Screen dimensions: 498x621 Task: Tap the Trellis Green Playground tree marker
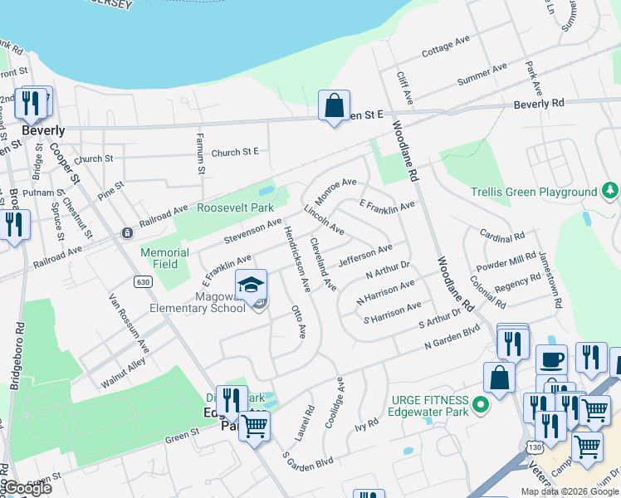pyautogui.click(x=610, y=192)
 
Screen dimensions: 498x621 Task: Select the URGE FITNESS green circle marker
pyautogui.click(x=480, y=406)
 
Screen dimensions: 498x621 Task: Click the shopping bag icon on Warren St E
pyautogui.click(x=334, y=106)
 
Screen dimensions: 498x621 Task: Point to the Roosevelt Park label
pyautogui.click(x=235, y=208)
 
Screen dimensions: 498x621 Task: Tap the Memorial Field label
pyautogui.click(x=159, y=258)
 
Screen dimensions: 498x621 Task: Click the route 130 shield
pyautogui.click(x=533, y=447)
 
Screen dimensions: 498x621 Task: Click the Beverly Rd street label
pyautogui.click(x=538, y=104)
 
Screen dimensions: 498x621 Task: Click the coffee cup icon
pyautogui.click(x=551, y=360)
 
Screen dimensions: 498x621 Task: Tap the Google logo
pyautogui.click(x=27, y=488)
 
